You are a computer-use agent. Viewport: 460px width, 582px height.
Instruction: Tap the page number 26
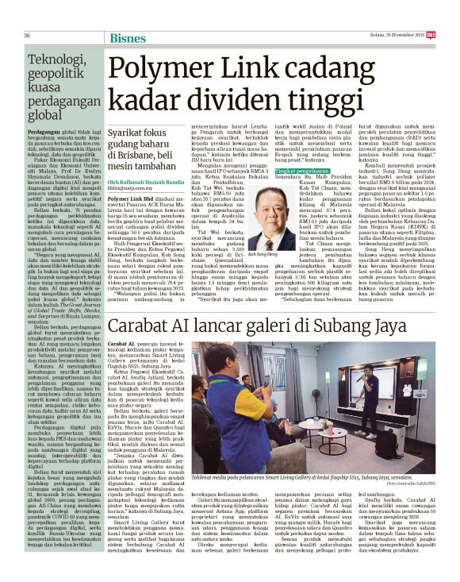point(28,37)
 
